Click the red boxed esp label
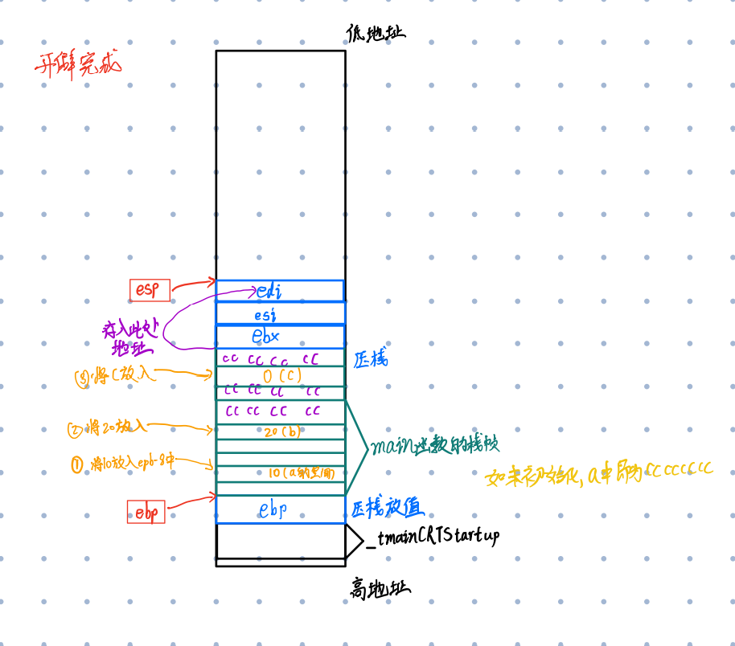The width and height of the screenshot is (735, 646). click(150, 290)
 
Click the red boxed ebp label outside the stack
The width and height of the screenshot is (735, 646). click(146, 512)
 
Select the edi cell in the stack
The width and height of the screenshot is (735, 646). click(279, 290)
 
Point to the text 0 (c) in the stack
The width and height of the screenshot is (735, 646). click(281, 376)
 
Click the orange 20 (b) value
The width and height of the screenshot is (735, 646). click(281, 432)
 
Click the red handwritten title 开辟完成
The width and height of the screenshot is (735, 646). click(78, 63)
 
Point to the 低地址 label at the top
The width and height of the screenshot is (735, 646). click(376, 32)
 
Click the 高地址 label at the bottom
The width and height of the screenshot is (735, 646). click(379, 590)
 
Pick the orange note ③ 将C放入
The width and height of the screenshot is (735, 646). click(116, 374)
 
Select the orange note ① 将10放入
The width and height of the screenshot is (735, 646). click(122, 464)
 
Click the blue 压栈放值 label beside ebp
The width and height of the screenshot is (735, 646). click(387, 507)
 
